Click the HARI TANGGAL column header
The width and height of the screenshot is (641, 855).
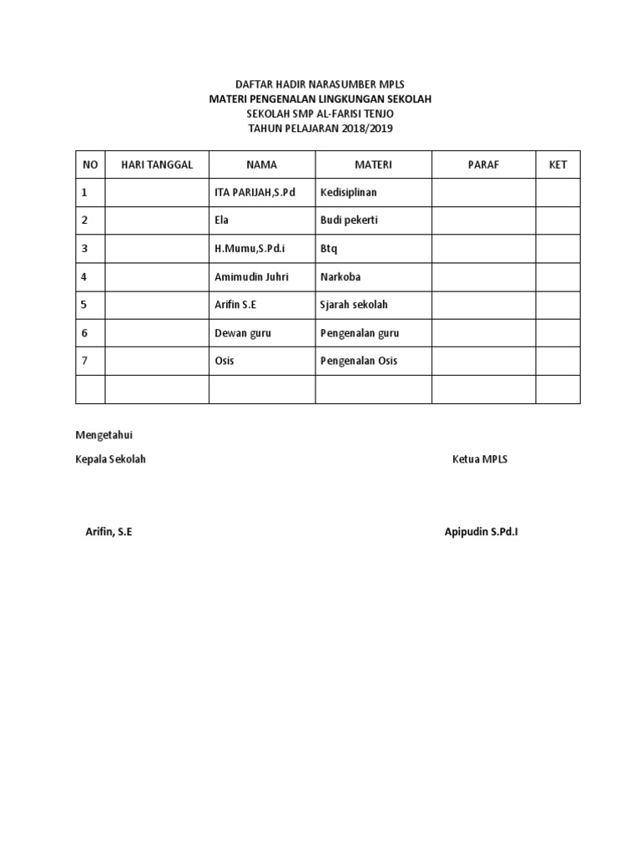(x=157, y=164)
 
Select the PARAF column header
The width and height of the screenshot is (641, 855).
(x=483, y=164)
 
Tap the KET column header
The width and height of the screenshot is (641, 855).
(x=558, y=164)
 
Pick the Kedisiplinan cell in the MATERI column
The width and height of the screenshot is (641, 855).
(x=349, y=193)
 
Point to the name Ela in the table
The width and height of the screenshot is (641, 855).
(x=222, y=220)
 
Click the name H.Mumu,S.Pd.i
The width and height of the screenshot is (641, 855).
(x=250, y=249)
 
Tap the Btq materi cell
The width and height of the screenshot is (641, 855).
(x=329, y=249)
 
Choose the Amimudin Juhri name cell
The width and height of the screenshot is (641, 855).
(x=251, y=276)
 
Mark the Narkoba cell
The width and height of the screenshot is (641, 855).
(x=341, y=276)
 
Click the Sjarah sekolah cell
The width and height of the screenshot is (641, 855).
(x=354, y=305)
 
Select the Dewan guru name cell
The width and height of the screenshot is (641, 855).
(x=243, y=333)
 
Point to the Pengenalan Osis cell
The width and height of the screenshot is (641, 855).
(x=359, y=361)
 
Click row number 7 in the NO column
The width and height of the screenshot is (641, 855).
(x=84, y=361)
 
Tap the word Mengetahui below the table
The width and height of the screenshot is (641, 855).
(x=104, y=435)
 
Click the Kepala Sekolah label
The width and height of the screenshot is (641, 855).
(x=111, y=460)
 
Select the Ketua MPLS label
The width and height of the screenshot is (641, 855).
(x=480, y=460)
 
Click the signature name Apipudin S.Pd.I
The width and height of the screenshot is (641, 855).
(x=481, y=532)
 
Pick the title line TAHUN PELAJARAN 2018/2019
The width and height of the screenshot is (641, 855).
(x=320, y=129)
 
